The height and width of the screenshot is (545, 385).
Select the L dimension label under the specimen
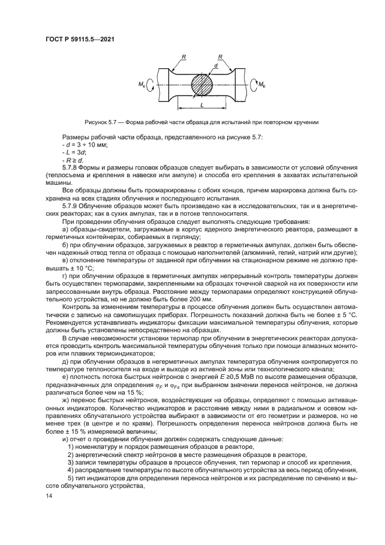click(x=202, y=104)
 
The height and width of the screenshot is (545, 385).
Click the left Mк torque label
click(x=142, y=85)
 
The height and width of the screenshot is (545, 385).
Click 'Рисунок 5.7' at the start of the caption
click(x=101, y=122)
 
